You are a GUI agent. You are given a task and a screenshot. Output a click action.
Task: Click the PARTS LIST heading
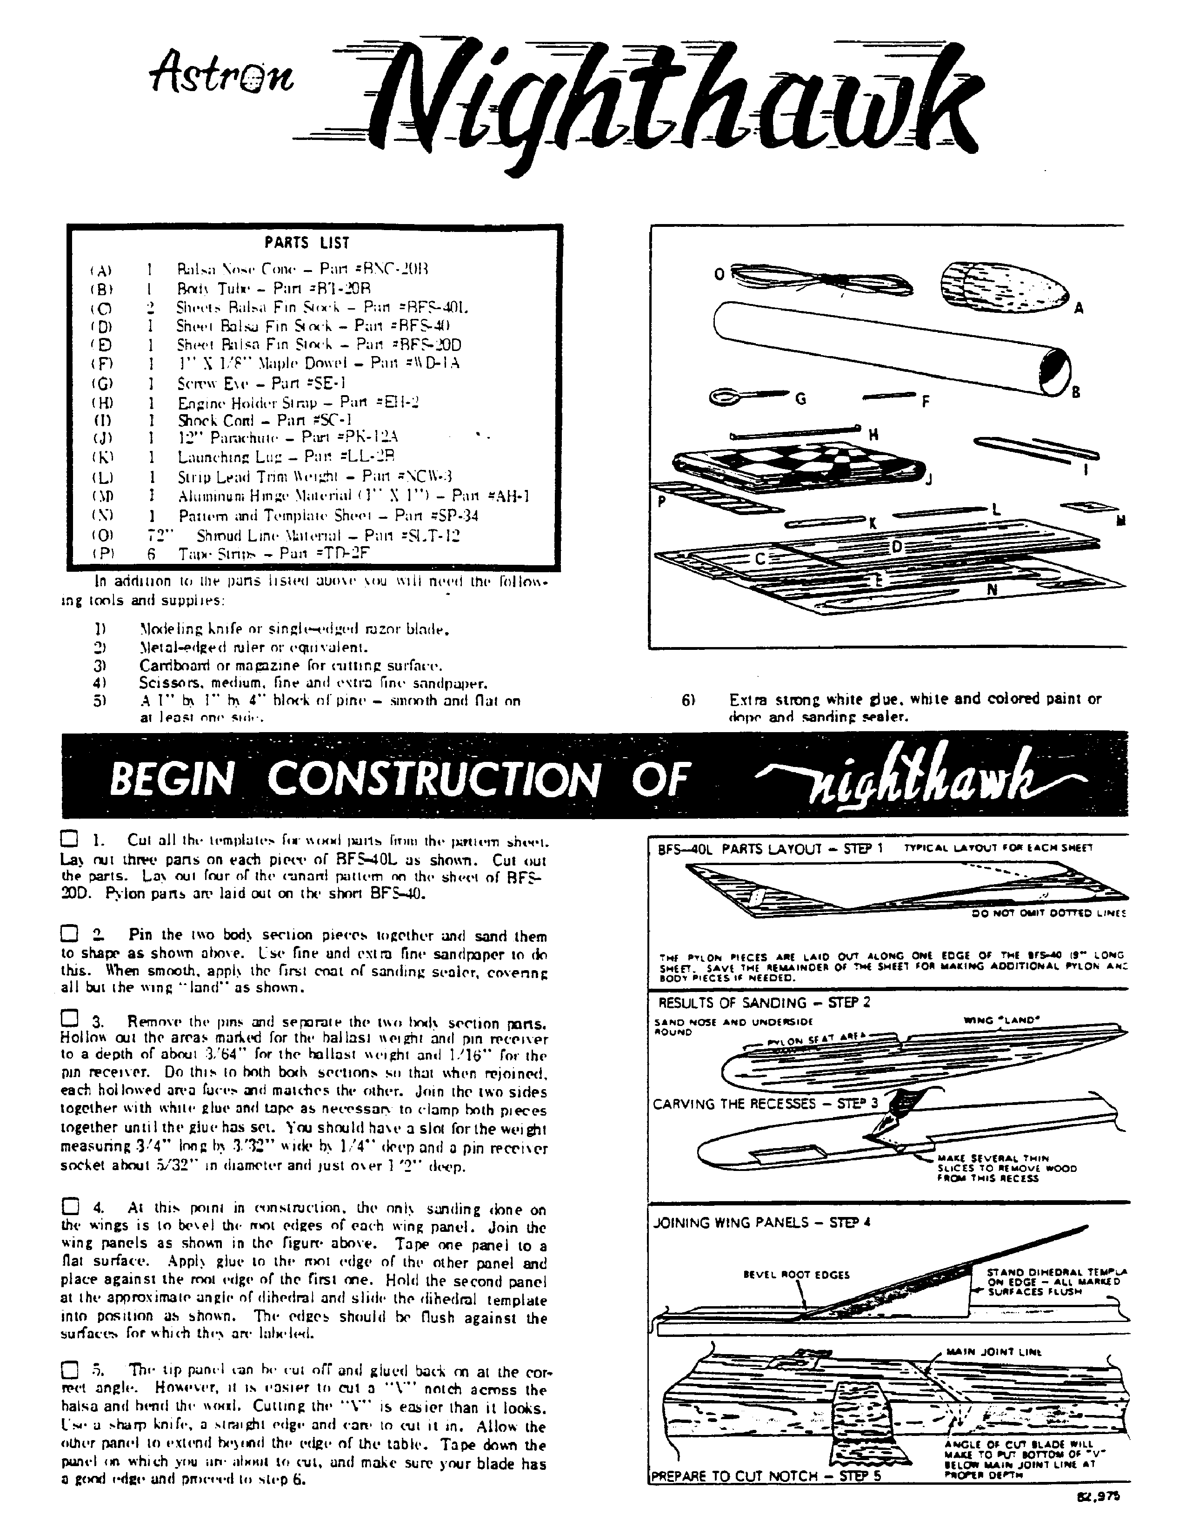306,243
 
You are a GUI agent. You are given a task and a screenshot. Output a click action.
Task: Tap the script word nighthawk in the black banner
920,777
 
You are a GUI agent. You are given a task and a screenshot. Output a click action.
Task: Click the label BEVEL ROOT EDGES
796,1274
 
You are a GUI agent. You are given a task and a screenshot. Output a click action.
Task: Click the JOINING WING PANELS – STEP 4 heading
762,1222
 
